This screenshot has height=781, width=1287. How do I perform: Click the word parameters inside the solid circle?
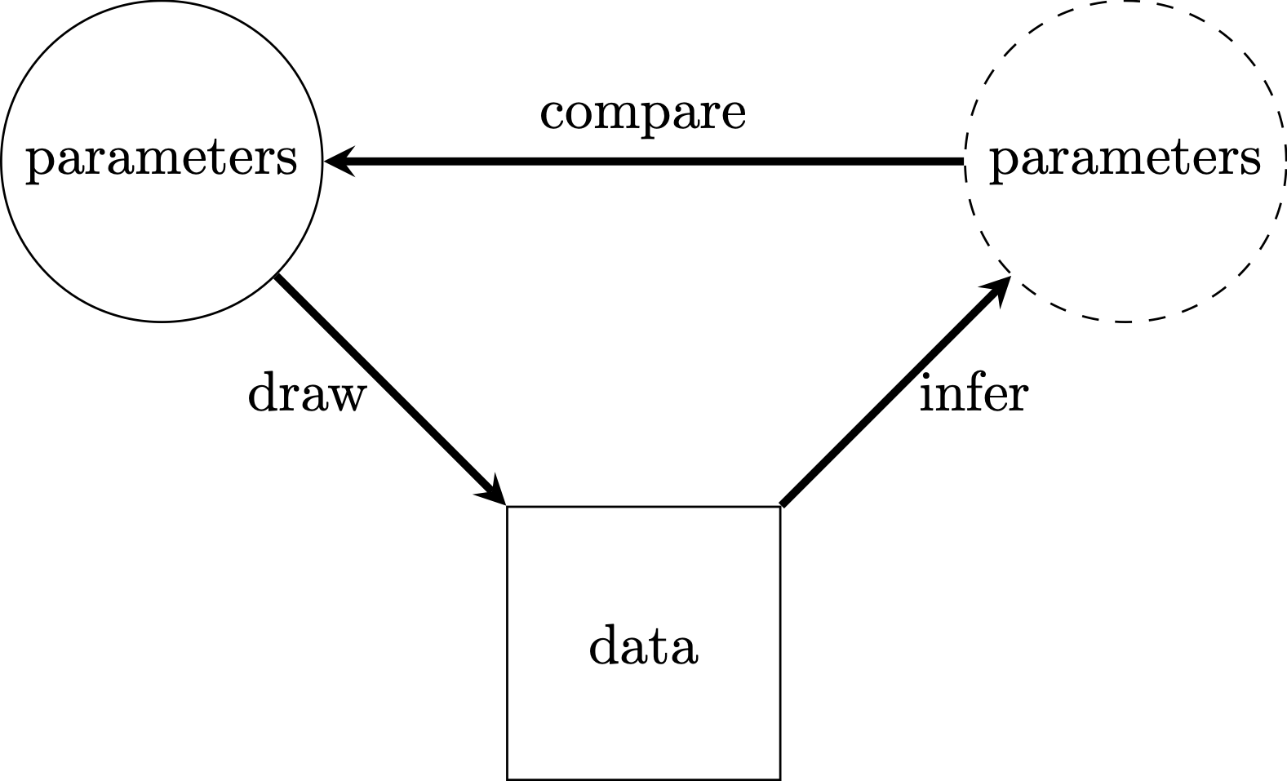click(x=162, y=159)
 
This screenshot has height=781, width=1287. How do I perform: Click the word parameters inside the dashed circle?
click(x=1125, y=159)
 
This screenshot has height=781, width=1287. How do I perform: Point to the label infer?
click(x=973, y=395)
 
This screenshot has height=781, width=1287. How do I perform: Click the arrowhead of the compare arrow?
click(x=337, y=162)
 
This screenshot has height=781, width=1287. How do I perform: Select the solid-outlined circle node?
click(x=162, y=245)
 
